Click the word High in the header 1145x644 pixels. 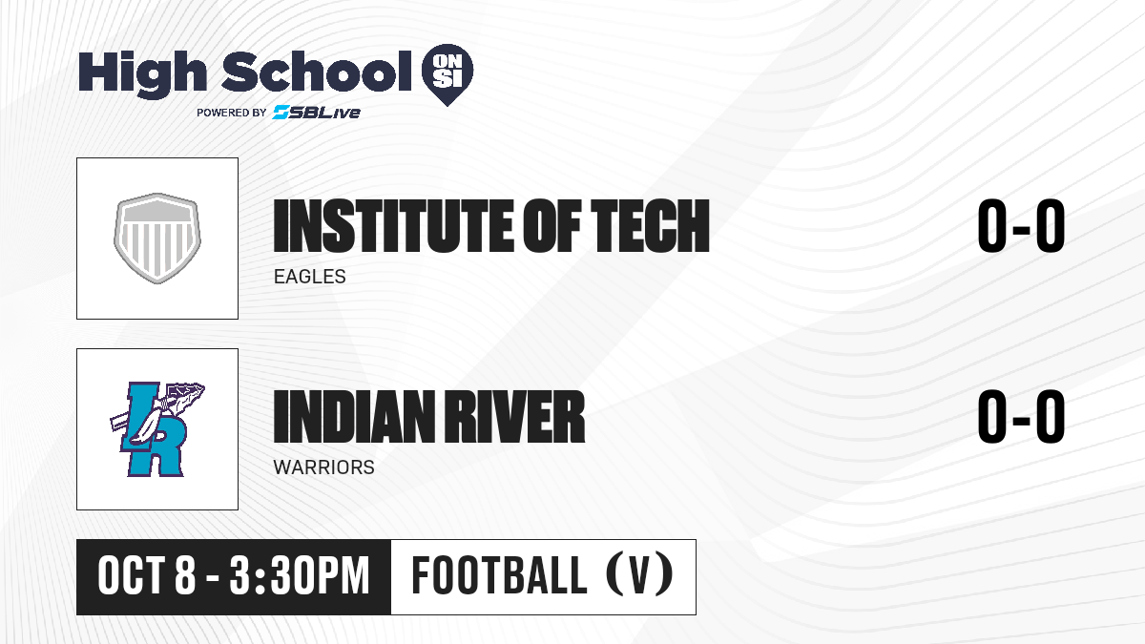pyautogui.click(x=142, y=74)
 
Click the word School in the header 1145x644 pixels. pyautogui.click(x=317, y=72)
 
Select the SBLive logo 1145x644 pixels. pyautogui.click(x=316, y=113)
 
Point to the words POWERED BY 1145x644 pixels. pyautogui.click(x=232, y=113)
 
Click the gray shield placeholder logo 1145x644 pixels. pyautogui.click(x=156, y=239)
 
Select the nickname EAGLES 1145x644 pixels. pyautogui.click(x=310, y=277)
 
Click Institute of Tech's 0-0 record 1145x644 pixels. pyautogui.click(x=1021, y=226)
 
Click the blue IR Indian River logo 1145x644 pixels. pyautogui.click(x=156, y=429)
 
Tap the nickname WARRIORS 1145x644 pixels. pyautogui.click(x=324, y=467)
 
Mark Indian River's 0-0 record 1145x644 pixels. pyautogui.click(x=1021, y=417)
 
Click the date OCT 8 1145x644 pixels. pyautogui.click(x=147, y=576)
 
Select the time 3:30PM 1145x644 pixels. pyautogui.click(x=300, y=576)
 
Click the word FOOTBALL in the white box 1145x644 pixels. pyautogui.click(x=499, y=576)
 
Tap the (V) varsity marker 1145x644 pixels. pyautogui.click(x=639, y=575)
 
